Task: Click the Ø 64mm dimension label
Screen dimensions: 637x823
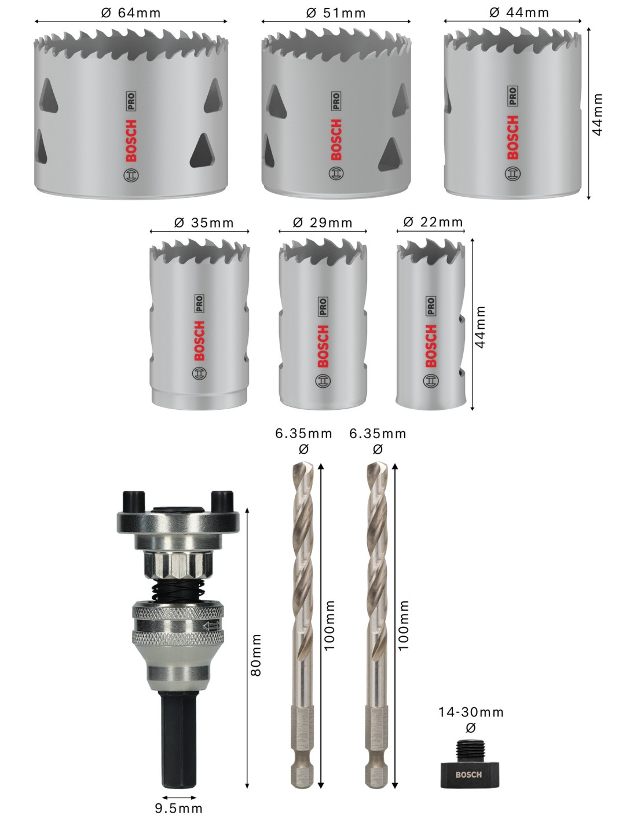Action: click(131, 13)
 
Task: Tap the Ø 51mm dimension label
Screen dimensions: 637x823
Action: click(336, 13)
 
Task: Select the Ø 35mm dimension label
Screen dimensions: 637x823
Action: click(204, 223)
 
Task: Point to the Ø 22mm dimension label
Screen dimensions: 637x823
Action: click(433, 222)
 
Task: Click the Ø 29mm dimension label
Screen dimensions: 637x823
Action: click(323, 223)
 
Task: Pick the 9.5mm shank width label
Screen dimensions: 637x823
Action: click(178, 809)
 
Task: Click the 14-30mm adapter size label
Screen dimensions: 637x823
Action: click(471, 712)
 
